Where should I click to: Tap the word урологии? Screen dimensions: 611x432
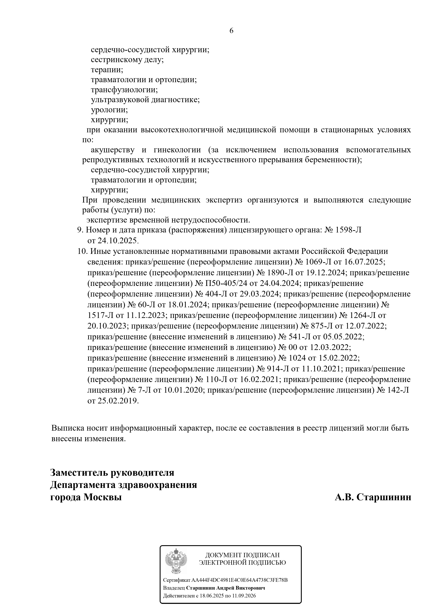pyautogui.click(x=109, y=110)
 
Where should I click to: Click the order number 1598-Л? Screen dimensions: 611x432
pyautogui.click(x=349, y=230)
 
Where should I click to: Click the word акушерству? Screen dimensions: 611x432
pyautogui.click(x=113, y=150)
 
